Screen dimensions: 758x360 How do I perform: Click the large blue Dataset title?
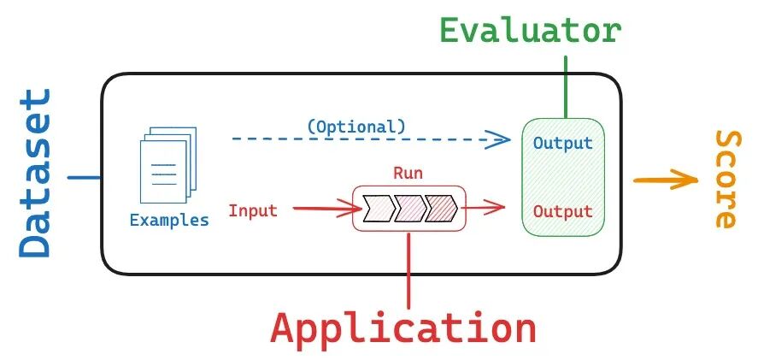35,173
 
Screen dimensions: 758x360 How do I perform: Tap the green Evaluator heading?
531,31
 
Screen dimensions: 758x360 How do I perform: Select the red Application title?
403,328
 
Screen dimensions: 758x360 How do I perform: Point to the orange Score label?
726,180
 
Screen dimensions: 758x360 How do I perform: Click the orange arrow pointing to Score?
666,180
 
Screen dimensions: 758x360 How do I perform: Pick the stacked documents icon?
167,165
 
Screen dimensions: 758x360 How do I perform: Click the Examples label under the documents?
169,221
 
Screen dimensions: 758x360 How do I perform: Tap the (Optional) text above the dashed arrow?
356,127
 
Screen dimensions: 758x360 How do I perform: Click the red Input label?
253,210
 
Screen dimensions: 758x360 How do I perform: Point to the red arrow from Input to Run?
327,209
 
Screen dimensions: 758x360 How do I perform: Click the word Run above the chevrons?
408,173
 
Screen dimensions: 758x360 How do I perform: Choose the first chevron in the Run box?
379,209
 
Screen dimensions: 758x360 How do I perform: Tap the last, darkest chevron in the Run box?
441,209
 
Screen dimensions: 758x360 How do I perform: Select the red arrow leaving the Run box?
484,208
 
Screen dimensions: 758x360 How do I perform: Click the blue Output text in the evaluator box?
562,143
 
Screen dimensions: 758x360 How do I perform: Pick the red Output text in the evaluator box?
562,211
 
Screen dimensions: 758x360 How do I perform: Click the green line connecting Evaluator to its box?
566,87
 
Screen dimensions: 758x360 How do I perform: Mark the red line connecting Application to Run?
409,271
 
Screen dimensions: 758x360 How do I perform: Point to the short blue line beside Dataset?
84,177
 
